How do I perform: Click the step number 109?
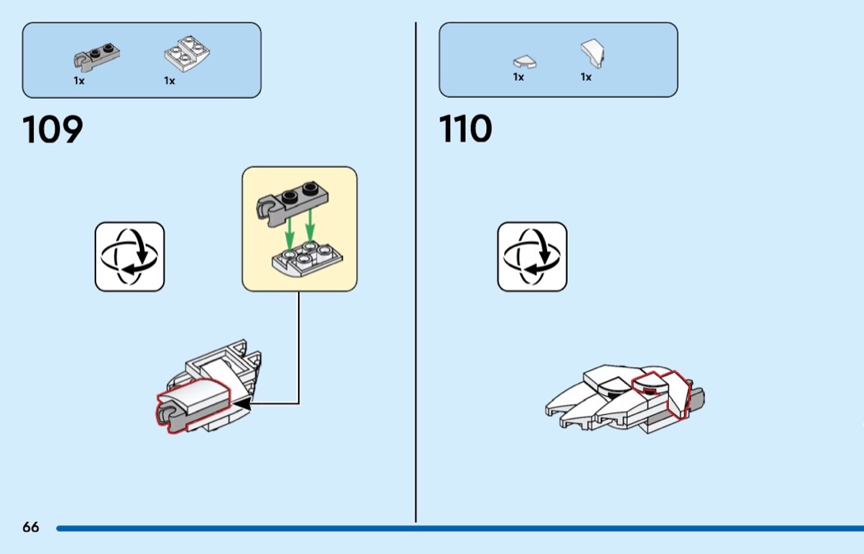pyautogui.click(x=53, y=130)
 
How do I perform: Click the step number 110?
pyautogui.click(x=466, y=130)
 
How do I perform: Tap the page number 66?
pyautogui.click(x=31, y=527)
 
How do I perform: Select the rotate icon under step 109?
pyautogui.click(x=130, y=256)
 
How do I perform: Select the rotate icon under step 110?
pyautogui.click(x=532, y=256)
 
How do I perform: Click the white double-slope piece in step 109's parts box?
pyautogui.click(x=188, y=54)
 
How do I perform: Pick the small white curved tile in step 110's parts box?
pyautogui.click(x=524, y=61)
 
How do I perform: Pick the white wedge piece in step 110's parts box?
pyautogui.click(x=592, y=54)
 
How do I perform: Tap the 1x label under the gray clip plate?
pyautogui.click(x=79, y=81)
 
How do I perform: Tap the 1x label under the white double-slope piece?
pyautogui.click(x=170, y=81)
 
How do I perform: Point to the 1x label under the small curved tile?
pyautogui.click(x=518, y=77)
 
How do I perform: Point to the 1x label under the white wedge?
pyautogui.click(x=586, y=77)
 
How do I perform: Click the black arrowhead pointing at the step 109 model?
pyautogui.click(x=243, y=403)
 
